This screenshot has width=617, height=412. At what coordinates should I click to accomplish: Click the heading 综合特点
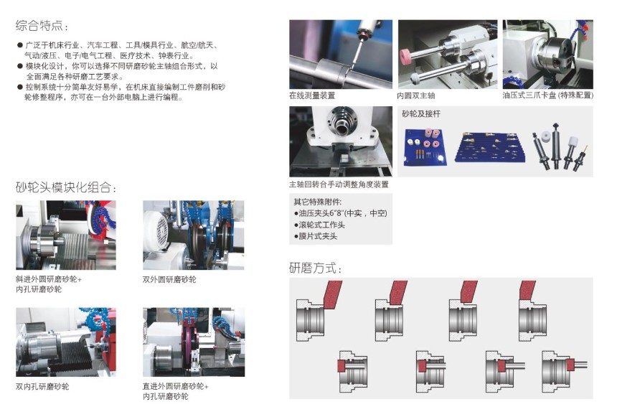39,26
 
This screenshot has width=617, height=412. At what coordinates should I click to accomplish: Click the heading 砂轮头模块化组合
63,187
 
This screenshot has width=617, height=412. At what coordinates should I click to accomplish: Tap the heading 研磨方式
312,268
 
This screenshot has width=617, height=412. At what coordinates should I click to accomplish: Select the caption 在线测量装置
312,95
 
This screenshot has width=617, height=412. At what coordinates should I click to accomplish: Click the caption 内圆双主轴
416,95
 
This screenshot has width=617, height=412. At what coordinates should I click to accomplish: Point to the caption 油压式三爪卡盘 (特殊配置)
547,95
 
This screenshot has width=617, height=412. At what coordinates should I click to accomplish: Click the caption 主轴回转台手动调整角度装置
339,184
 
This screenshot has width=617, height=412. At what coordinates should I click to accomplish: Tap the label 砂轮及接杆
421,113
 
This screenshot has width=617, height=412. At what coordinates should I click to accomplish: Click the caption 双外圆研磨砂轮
169,279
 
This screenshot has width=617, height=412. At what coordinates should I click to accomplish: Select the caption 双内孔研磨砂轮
42,386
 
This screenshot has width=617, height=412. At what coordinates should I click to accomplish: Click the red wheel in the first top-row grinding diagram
332,294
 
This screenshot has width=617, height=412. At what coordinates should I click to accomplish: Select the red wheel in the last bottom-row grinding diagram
570,365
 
